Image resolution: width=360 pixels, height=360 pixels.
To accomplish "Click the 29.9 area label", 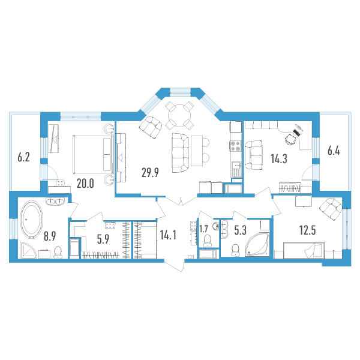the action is [x=150, y=173].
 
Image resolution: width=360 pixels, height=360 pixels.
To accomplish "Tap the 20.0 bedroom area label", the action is [x=85, y=184].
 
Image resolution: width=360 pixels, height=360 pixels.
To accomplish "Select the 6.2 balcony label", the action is [x=23, y=157].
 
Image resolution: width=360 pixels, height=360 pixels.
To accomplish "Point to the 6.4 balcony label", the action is [x=334, y=151].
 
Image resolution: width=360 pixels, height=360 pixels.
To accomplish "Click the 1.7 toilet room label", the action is [x=203, y=229].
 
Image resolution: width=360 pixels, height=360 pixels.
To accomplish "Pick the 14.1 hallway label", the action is [x=168, y=235].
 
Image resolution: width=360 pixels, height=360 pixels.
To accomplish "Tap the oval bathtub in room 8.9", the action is [x=31, y=220].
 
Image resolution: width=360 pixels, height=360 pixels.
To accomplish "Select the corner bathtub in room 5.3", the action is [x=257, y=244].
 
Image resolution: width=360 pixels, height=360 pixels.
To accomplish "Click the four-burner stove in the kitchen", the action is [x=236, y=146].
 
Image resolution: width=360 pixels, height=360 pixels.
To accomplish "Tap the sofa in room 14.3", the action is [x=253, y=155].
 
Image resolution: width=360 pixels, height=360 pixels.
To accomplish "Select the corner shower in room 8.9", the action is [x=28, y=250].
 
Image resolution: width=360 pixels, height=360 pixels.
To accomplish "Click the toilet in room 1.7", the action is [x=208, y=241].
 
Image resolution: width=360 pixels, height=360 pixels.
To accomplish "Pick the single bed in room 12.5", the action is [x=304, y=250].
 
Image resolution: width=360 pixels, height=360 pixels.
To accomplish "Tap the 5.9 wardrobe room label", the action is [x=103, y=239].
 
